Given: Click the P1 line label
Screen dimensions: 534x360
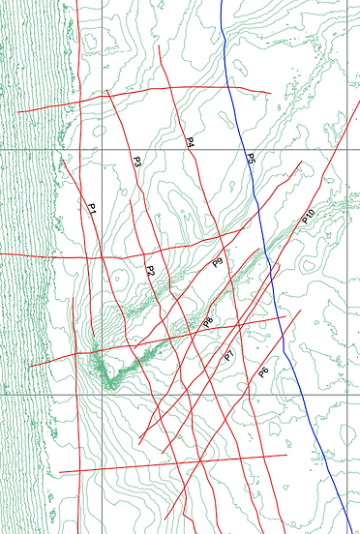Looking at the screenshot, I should [92, 208].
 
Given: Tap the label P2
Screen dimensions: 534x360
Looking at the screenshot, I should [150, 270].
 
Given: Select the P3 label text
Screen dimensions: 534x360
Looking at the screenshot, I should [136, 163].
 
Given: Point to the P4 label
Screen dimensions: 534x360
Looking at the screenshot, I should [191, 142].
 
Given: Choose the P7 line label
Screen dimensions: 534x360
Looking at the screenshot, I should [229, 357].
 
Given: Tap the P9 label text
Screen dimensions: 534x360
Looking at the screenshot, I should [218, 261].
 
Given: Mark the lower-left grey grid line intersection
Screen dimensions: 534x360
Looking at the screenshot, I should [102, 395].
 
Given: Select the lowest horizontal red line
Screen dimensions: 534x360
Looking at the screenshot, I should [174, 463].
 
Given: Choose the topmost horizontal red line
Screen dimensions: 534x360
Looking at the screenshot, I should [145, 95].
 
